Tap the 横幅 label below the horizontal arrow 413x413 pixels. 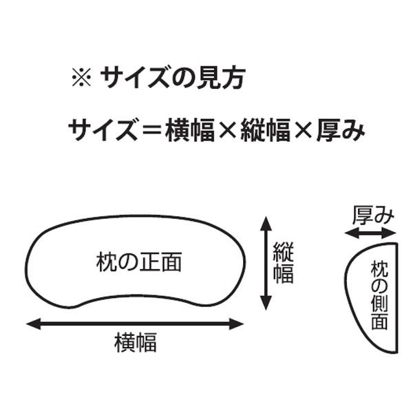pyautogui.click(x=135, y=342)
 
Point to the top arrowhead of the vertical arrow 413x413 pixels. pyautogui.click(x=266, y=221)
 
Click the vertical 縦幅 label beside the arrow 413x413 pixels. pyautogui.click(x=284, y=263)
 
